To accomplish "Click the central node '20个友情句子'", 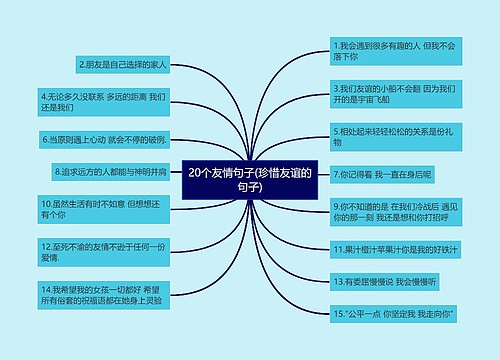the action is tap(250, 180).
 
